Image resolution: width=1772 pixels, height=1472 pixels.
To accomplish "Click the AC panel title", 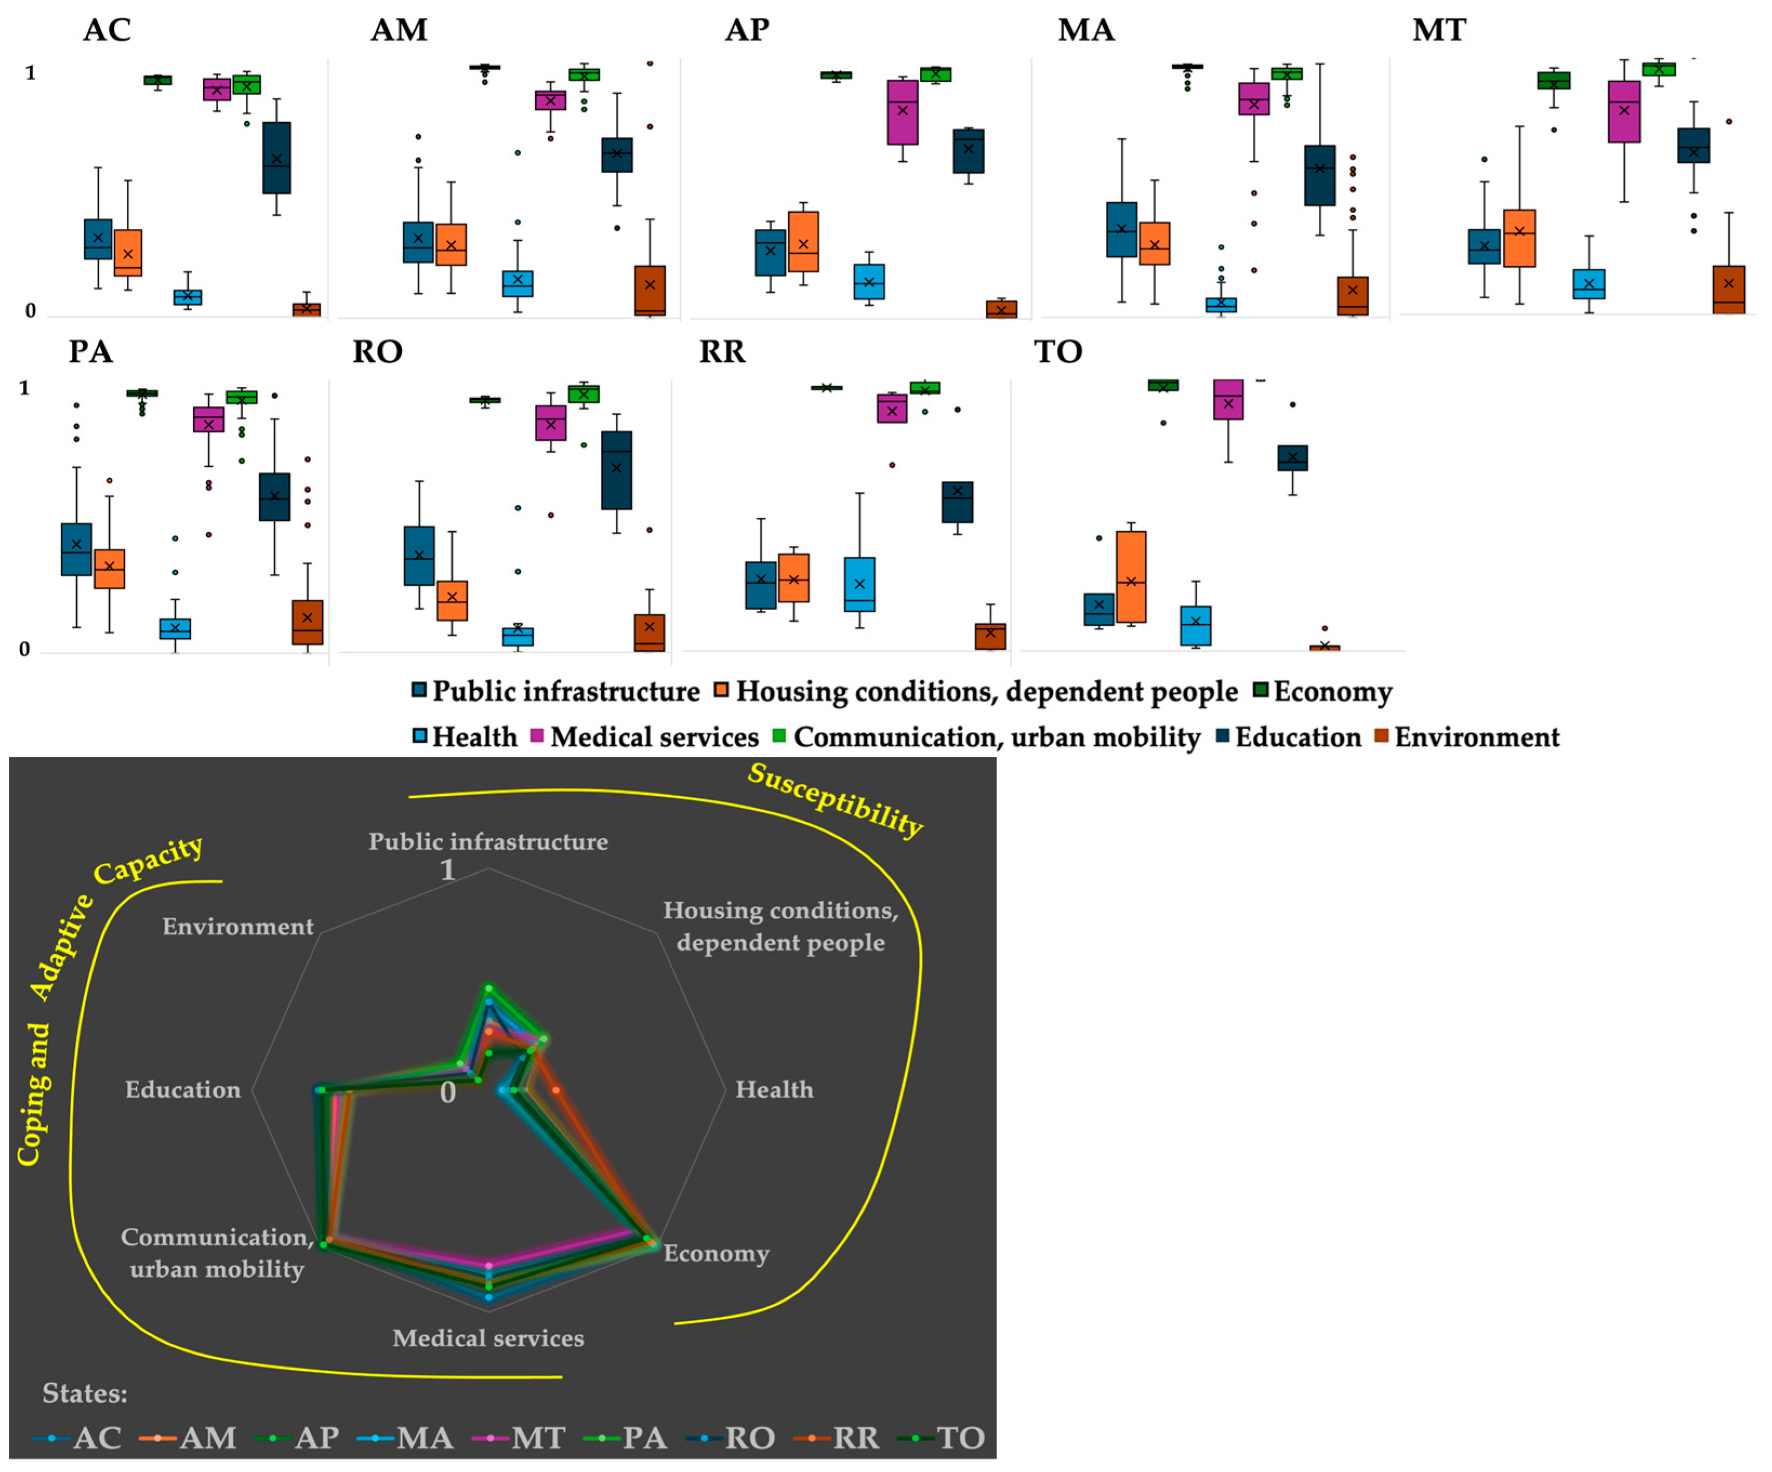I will (107, 30).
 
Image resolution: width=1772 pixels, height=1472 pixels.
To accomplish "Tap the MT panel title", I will (1439, 30).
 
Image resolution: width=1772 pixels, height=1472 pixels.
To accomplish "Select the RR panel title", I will (722, 351).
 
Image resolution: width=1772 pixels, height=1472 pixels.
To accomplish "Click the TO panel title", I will (1058, 351).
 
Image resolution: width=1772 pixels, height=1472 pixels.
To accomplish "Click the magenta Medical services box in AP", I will (902, 113).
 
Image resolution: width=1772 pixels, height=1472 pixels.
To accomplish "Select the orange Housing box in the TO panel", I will (1131, 577).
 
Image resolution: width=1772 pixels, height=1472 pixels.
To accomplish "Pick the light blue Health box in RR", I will (859, 584).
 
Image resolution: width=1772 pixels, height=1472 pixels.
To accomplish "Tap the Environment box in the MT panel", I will (1729, 289).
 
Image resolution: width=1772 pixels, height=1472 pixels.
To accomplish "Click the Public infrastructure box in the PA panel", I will (77, 550).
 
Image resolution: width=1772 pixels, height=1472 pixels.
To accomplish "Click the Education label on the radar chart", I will (183, 1090).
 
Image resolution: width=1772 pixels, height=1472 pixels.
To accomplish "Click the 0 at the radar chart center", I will (448, 1092).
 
